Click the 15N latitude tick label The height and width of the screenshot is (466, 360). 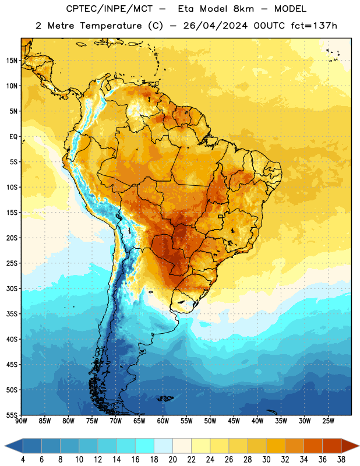(x=12, y=61)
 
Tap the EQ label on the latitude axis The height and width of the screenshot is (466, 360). (x=13, y=137)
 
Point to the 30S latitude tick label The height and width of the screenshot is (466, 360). (x=12, y=288)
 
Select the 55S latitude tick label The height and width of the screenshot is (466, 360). (x=12, y=415)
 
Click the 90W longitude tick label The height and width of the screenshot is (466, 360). (x=21, y=421)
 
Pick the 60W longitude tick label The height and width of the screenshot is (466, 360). (x=163, y=421)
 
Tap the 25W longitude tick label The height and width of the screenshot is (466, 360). (x=328, y=421)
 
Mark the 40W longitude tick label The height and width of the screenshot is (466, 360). (x=257, y=421)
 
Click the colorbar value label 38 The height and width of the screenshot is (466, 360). (x=341, y=460)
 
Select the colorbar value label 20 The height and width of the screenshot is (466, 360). (x=172, y=460)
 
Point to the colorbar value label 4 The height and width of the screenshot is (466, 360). (x=23, y=460)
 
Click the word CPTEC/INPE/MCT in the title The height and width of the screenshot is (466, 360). (x=110, y=9)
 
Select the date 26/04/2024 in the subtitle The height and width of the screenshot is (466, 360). (x=215, y=26)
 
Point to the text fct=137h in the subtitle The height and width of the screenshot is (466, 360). (x=314, y=26)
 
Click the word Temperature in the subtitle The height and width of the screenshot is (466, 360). (x=111, y=26)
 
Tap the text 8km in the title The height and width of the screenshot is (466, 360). (x=243, y=9)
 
